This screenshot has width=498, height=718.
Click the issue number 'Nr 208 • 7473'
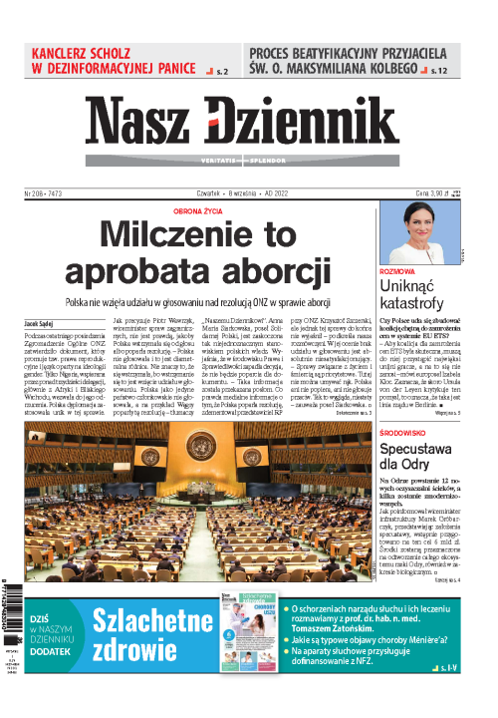tap(48, 193)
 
